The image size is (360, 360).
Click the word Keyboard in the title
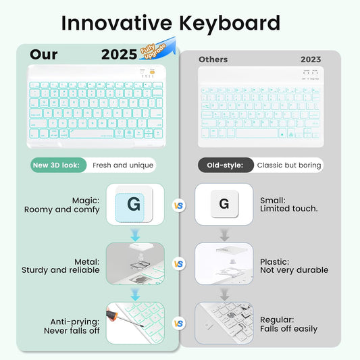230,23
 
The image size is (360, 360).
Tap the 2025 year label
119,55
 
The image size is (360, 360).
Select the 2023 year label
311,59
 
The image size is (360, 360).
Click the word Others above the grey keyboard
213,59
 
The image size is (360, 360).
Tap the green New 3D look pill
59,165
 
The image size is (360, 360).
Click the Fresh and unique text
120,165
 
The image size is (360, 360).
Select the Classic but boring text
289,165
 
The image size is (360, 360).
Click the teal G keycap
134,204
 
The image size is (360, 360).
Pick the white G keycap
224,204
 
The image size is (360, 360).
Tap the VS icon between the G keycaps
179,205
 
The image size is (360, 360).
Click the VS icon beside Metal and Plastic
179,264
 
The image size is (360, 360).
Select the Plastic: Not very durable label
294,265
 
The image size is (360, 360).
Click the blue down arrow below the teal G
135,235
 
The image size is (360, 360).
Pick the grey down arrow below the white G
224,235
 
